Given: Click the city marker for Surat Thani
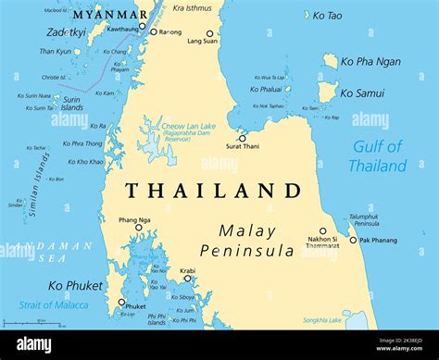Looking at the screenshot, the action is pos(243,139).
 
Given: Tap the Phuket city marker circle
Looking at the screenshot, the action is pos(121,302).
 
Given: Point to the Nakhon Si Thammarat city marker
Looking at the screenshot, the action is pos(323,231).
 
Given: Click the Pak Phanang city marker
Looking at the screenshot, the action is pos(353,240).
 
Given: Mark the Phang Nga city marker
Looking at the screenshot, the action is pos(139,228).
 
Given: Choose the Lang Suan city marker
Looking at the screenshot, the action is pos(209,33).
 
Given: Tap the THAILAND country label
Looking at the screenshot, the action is pos(213,191).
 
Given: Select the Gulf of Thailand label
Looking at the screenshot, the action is pos(377,156).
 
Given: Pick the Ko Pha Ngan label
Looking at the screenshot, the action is pos(370,61).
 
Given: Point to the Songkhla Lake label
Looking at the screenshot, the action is pos(321,320).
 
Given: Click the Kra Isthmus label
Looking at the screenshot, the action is pos(192,7).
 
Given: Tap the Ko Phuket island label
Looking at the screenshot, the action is pos(75,285).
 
